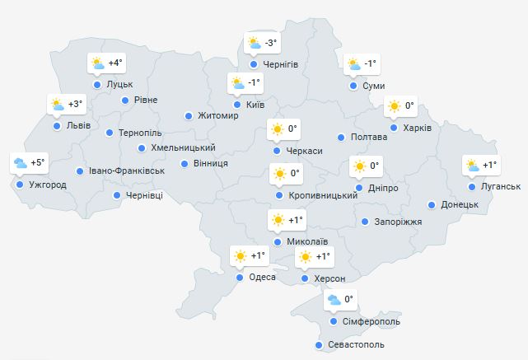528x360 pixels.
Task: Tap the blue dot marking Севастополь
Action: [x=319, y=345]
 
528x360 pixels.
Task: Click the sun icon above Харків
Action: [x=395, y=105]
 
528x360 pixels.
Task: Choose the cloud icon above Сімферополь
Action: [x=334, y=300]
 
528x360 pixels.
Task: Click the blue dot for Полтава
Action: [x=340, y=138]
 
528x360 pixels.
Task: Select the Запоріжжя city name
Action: [x=398, y=222]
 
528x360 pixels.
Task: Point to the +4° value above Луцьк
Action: [x=114, y=63]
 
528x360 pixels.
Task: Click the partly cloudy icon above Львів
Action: [x=58, y=105]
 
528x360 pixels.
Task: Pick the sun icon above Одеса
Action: [x=240, y=256]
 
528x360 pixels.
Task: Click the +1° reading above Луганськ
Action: [x=489, y=166]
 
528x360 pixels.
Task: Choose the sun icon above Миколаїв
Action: [x=278, y=221]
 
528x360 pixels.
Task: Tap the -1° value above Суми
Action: [x=370, y=63]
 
